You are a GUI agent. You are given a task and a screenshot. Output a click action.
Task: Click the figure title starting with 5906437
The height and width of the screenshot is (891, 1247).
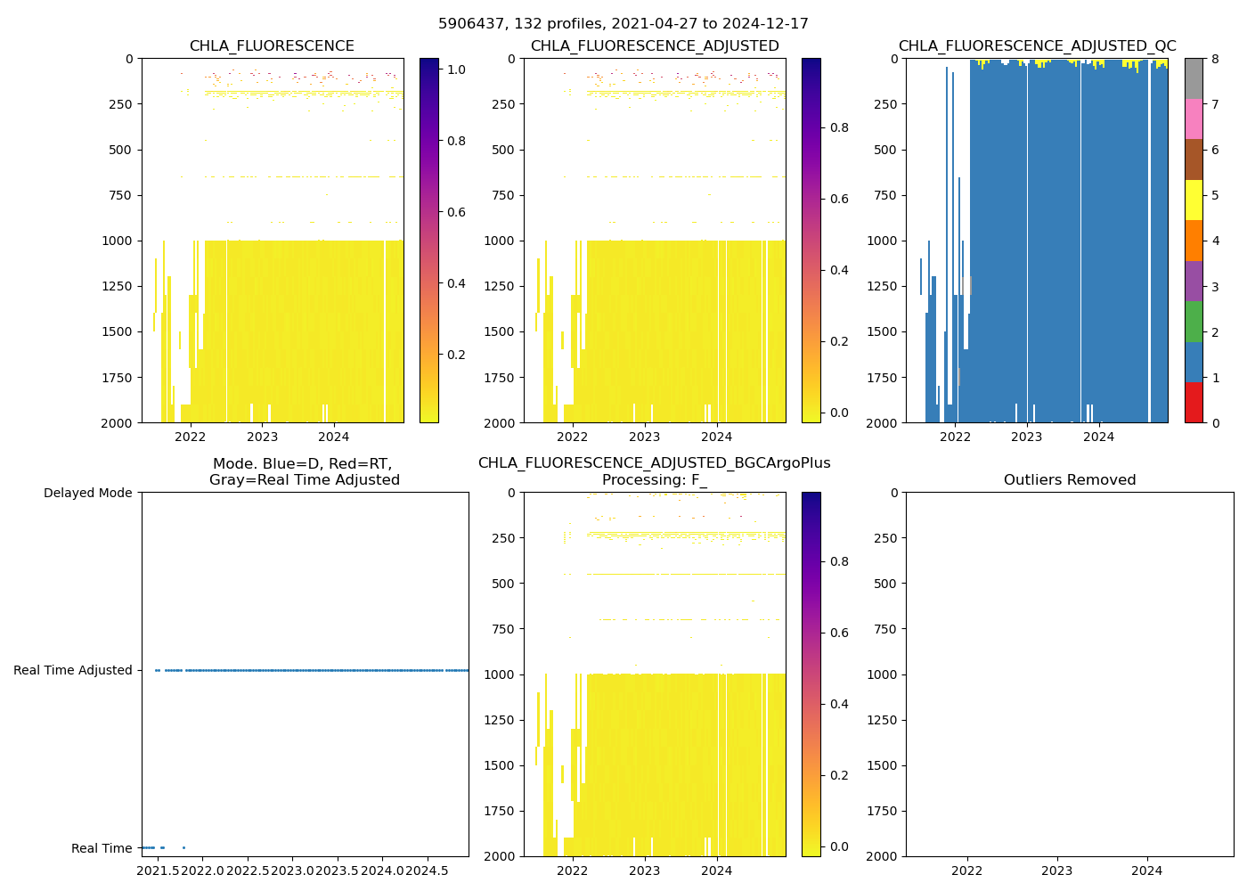(623, 24)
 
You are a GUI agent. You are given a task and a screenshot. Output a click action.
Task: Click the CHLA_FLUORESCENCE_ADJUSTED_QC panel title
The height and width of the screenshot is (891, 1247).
(1037, 46)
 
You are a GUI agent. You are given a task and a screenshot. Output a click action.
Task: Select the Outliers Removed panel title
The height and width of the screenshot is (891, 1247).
(1070, 480)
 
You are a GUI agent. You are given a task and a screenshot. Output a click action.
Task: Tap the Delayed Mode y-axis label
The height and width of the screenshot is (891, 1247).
(87, 493)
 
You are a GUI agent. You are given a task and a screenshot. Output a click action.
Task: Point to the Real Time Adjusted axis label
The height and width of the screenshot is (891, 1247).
(73, 670)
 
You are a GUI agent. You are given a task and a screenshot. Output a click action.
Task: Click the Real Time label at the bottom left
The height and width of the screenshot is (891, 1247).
(102, 848)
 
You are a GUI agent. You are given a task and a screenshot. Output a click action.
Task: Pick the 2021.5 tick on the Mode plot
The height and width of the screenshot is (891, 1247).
(157, 871)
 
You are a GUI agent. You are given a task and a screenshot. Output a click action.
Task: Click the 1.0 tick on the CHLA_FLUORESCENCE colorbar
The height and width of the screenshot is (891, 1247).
(456, 69)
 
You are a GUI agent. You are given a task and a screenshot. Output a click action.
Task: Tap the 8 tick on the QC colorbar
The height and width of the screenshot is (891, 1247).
(1215, 59)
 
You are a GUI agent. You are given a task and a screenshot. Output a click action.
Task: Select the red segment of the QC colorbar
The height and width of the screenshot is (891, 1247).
(1194, 402)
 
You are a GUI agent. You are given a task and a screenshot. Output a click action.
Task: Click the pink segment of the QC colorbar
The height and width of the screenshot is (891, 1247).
(1194, 119)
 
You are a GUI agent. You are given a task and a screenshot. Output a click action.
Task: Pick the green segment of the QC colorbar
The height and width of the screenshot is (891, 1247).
(1194, 321)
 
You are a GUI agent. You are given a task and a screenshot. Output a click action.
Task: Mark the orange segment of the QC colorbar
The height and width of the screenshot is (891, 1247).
(1194, 241)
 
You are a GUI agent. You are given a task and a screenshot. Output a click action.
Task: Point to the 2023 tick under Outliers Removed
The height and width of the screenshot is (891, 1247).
(1057, 871)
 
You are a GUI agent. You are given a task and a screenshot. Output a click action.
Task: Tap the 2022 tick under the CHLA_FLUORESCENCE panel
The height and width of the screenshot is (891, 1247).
(190, 437)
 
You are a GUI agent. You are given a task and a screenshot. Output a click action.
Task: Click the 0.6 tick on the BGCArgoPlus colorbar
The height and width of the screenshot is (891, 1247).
(839, 633)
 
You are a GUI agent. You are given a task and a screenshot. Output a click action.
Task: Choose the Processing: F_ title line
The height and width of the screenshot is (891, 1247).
(654, 480)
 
